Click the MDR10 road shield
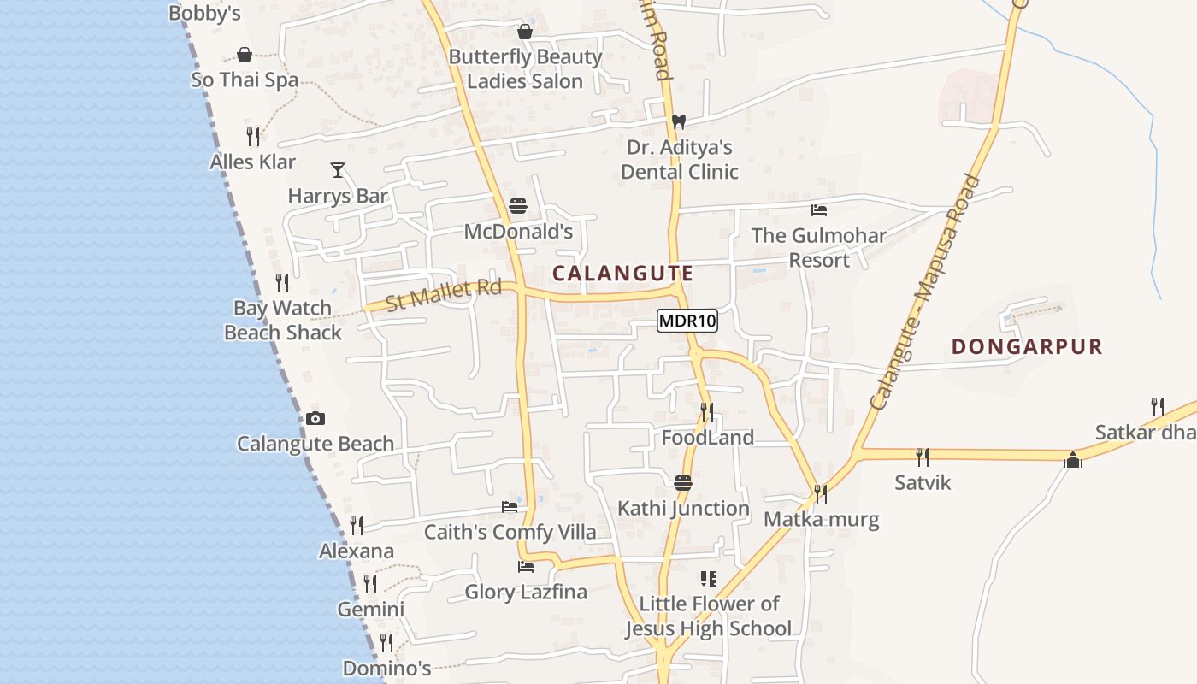click(x=687, y=321)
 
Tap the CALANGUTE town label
click(x=622, y=274)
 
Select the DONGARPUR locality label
click(x=1027, y=346)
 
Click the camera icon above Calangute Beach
click(x=315, y=418)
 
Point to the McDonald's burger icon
click(x=518, y=206)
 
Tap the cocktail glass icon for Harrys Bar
click(x=338, y=169)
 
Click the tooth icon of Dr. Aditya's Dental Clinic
click(x=679, y=121)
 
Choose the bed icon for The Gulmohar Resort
click(x=819, y=210)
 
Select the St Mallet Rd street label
click(x=443, y=295)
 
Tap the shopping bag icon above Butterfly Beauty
click(x=525, y=32)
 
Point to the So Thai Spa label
click(x=245, y=80)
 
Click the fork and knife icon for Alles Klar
click(x=253, y=136)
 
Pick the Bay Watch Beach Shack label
click(x=282, y=320)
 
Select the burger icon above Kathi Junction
click(x=682, y=483)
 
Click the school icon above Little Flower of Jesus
click(x=708, y=579)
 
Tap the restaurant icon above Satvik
click(x=923, y=457)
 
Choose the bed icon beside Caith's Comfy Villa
click(x=510, y=507)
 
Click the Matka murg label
click(x=821, y=519)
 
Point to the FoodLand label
click(x=707, y=438)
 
